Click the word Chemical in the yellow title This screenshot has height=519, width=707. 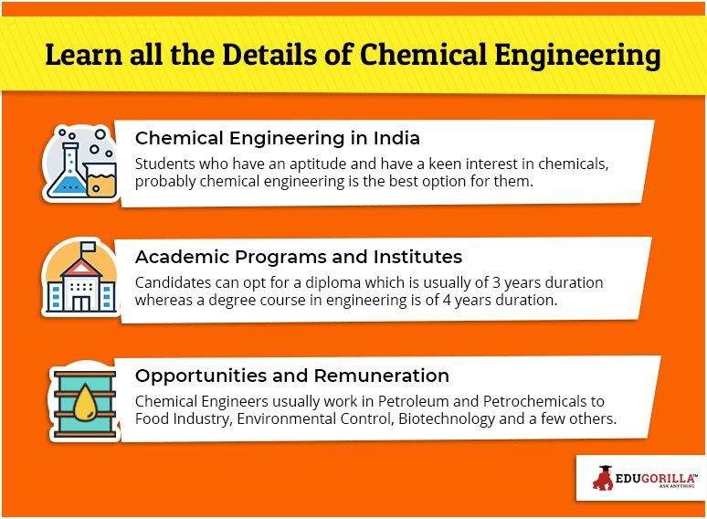pos(423,55)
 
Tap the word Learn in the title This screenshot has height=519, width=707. pos(84,55)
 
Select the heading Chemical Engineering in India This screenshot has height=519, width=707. pos(278,138)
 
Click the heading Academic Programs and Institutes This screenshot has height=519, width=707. pos(299,257)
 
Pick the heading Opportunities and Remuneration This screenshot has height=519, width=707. pos(292,376)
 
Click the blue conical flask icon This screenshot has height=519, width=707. pos(68,171)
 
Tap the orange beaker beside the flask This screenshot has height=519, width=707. pos(101,179)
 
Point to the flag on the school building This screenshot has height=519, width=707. pos(88,246)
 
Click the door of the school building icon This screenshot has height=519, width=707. pos(81,303)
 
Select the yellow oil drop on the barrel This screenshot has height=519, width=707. pos(85,403)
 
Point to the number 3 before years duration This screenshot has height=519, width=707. pos(496,282)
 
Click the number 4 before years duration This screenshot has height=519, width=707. pos(447,300)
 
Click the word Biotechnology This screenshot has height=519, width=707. pos(447,418)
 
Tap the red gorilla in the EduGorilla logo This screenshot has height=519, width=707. pos(603,478)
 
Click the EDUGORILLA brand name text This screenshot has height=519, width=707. pos(655,478)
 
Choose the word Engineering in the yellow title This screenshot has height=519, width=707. pos(577,56)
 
